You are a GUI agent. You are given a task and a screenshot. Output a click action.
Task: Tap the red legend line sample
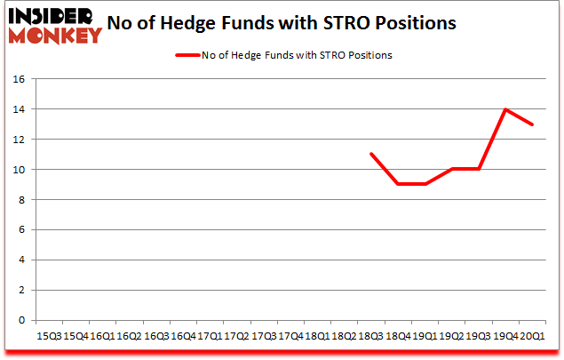point(189,55)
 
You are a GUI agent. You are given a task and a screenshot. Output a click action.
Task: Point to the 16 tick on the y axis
point(22,79)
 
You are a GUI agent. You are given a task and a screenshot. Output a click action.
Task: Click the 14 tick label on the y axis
point(22,109)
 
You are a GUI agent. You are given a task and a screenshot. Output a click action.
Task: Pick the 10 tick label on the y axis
point(22,170)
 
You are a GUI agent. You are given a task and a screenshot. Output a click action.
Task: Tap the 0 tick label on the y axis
point(25,320)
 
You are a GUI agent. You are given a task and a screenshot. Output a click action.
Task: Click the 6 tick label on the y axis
point(25,230)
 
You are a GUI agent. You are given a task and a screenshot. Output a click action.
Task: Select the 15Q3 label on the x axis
point(49,336)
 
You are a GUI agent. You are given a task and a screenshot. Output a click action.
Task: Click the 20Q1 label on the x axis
point(532,336)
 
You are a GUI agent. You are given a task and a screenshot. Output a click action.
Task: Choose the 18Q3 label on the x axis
point(371,336)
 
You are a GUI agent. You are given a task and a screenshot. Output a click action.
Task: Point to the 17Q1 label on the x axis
point(210,336)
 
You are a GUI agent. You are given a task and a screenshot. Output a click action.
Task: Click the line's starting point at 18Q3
point(371,155)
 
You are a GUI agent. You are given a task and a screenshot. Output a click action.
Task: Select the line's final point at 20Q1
point(532,124)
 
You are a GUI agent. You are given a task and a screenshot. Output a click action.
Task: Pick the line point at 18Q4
point(398,184)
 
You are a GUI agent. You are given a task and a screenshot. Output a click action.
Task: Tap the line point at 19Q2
point(452,169)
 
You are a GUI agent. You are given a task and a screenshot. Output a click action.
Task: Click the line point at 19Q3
point(479,169)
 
